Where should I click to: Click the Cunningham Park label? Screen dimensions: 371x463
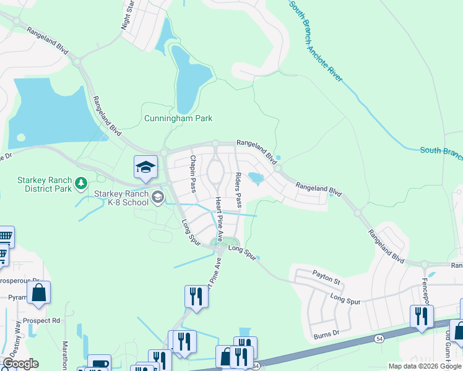pyautogui.click(x=178, y=118)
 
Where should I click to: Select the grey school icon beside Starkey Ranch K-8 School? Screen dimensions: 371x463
pyautogui.click(x=158, y=197)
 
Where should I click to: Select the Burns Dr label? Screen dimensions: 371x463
pyautogui.click(x=327, y=333)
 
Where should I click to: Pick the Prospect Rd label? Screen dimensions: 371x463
pyautogui.click(x=41, y=321)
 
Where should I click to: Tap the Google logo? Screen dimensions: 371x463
pyautogui.click(x=20, y=364)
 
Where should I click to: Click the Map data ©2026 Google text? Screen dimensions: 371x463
pyautogui.click(x=425, y=366)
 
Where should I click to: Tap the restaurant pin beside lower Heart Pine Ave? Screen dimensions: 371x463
pyautogui.click(x=196, y=296)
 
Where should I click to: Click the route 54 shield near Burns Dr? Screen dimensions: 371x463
pyautogui.click(x=378, y=339)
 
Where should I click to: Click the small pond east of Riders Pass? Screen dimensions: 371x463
pyautogui.click(x=256, y=179)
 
